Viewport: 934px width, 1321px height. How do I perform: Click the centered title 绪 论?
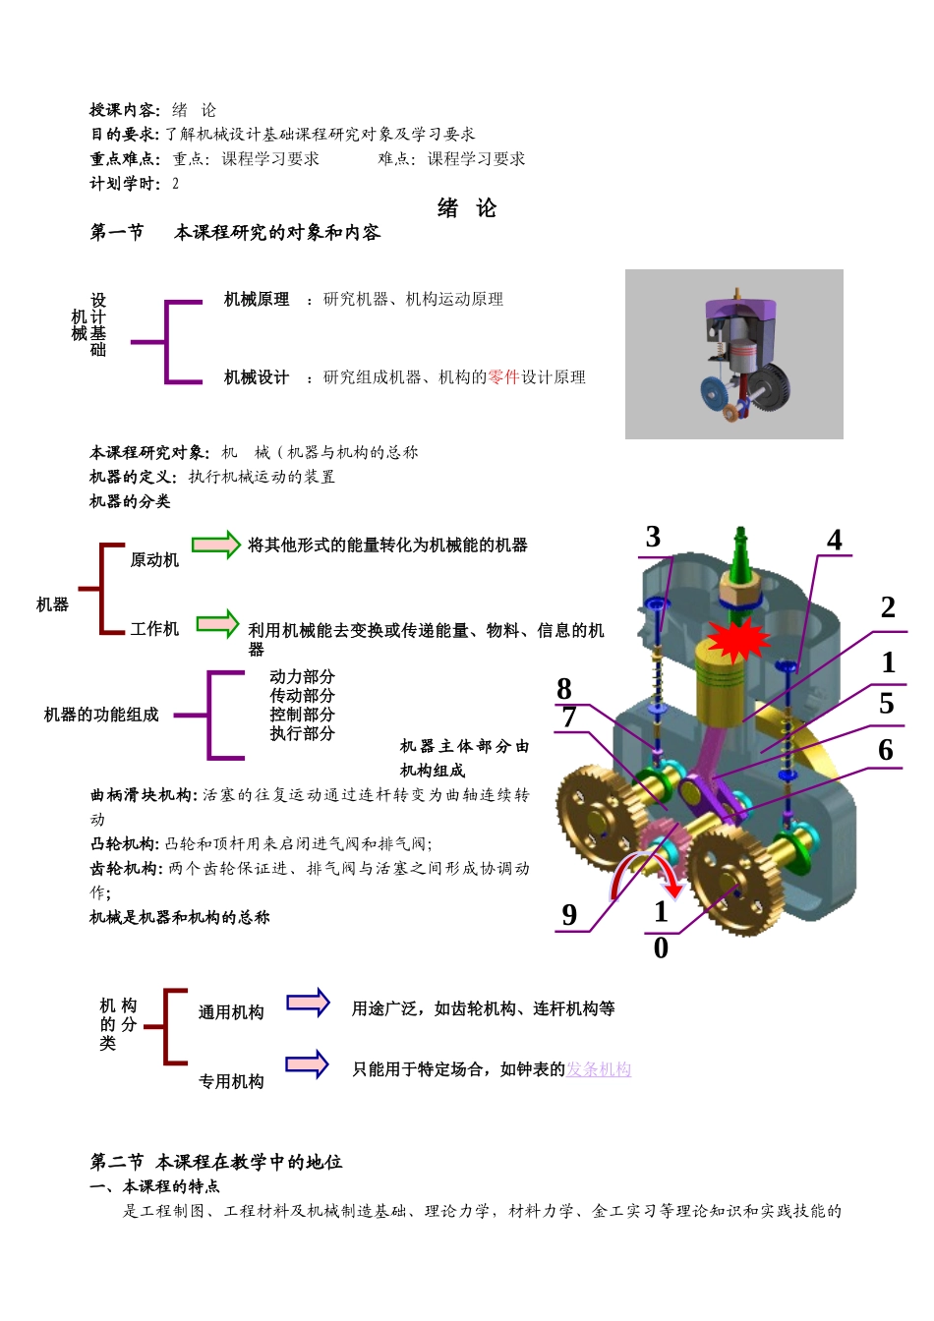click(x=467, y=208)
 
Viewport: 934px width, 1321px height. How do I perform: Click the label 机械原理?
click(x=257, y=300)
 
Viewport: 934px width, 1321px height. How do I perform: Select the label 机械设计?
click(x=257, y=377)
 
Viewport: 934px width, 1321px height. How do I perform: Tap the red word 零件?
click(x=503, y=377)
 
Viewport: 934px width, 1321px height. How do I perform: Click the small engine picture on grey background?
click(x=733, y=354)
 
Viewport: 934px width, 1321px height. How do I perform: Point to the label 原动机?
click(x=154, y=560)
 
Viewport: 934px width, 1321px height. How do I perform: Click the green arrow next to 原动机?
click(x=216, y=545)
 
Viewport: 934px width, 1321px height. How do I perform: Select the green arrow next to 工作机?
click(x=218, y=624)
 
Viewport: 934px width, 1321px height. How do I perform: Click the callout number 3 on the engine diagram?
click(x=653, y=537)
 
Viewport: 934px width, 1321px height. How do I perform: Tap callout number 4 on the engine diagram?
click(x=835, y=541)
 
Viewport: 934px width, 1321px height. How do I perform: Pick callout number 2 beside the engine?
click(x=888, y=607)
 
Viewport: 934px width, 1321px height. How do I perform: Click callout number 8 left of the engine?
click(x=564, y=689)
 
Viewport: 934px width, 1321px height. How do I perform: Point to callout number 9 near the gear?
click(x=569, y=915)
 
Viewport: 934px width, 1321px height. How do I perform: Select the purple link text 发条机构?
click(x=599, y=1069)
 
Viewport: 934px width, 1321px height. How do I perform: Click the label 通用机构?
click(x=231, y=1012)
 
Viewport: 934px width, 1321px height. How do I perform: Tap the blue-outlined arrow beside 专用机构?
click(x=307, y=1064)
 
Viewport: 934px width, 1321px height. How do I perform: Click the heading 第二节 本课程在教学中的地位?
click(x=216, y=1162)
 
